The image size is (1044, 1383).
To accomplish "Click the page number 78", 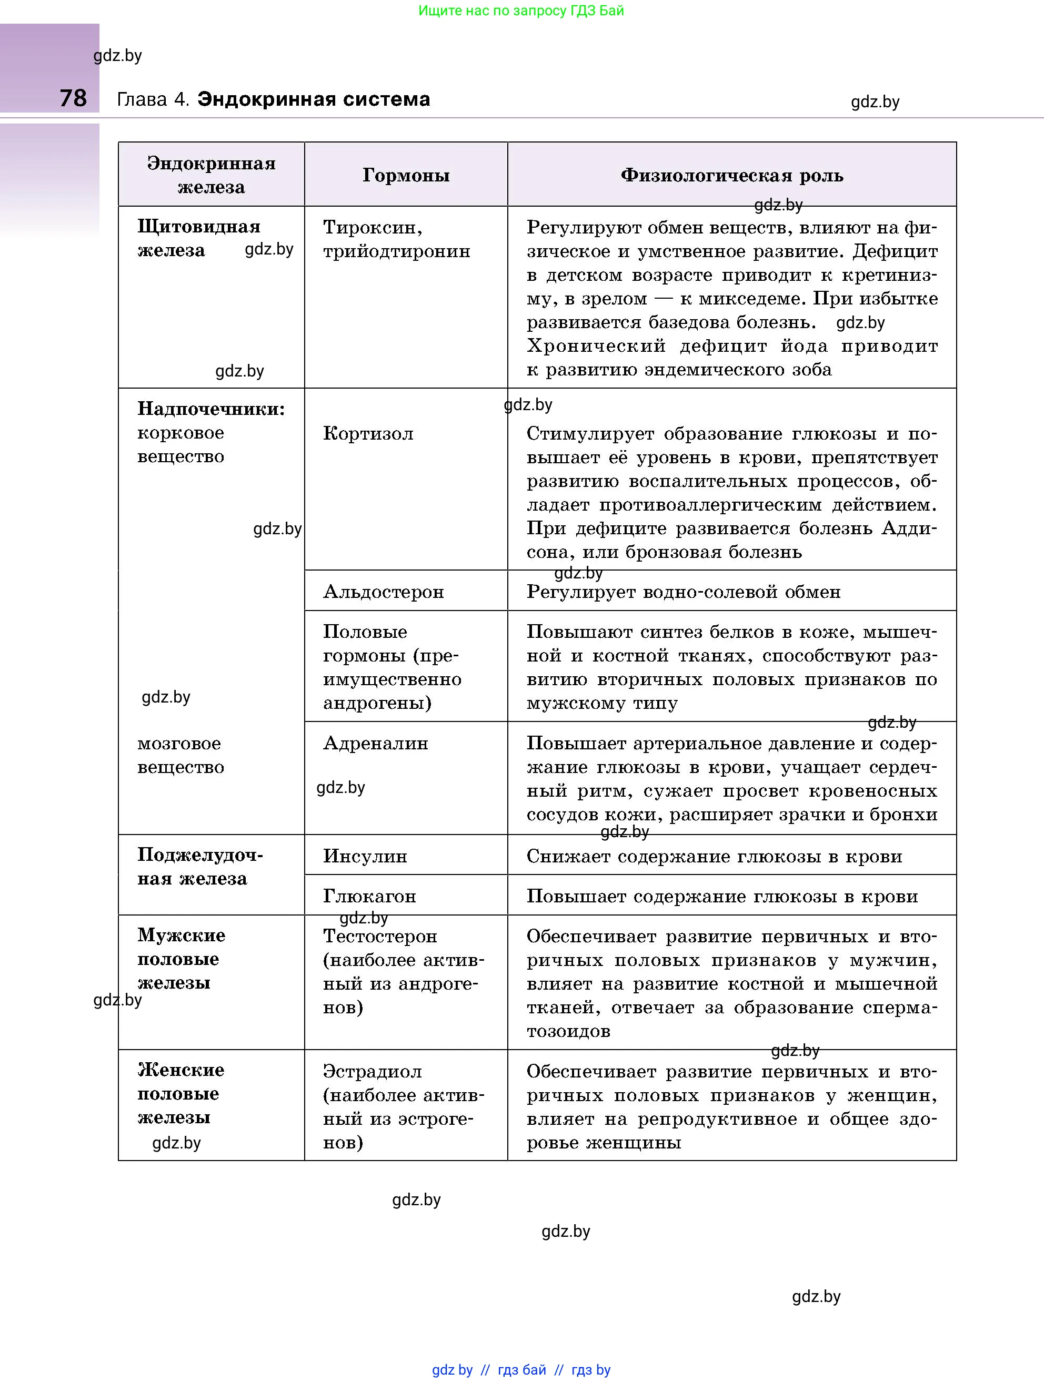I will pos(73,98).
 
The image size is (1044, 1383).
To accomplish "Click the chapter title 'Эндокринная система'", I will pos(314,99).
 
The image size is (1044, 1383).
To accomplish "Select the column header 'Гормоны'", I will pos(406,176).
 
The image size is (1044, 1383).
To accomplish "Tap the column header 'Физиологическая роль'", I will pos(731,176).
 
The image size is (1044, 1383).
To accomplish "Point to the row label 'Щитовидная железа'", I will pos(198,238).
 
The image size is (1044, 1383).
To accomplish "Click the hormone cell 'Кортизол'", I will pos(368,433).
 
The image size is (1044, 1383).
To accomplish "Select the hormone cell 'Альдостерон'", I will pos(383,592).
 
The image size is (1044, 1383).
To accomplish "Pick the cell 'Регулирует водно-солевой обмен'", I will pos(683,592).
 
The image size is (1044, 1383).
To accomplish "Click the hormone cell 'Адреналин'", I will pos(375,744).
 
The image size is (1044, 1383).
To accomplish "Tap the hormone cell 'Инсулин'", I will pos(365,856).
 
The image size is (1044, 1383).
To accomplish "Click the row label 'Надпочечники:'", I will pos(211,409).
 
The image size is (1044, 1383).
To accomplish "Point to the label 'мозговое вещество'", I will pos(180,755).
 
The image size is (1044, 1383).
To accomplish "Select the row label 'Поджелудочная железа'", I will pos(199,867).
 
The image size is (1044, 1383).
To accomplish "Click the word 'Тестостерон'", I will pos(380,936).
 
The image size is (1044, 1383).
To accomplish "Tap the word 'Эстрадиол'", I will pos(372,1072).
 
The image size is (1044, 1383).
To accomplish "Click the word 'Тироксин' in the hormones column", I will pos(372,227).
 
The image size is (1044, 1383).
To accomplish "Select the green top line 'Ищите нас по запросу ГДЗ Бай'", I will pos(521,11).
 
